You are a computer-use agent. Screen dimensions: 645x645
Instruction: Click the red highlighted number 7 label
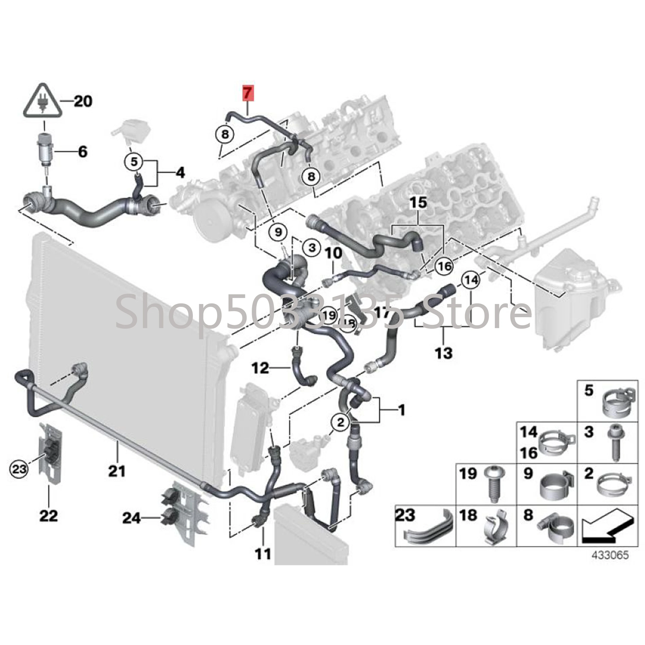pos(248,92)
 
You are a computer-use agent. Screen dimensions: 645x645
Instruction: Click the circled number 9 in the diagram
pos(278,231)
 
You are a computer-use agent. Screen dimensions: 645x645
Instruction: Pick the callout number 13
pos(444,353)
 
